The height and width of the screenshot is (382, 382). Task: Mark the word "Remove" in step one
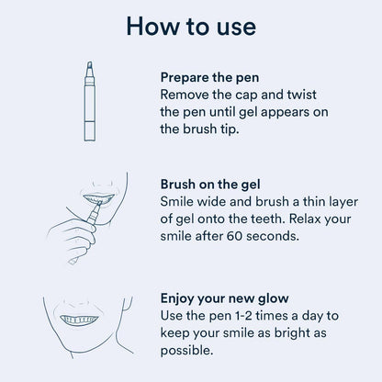pos(187,95)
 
